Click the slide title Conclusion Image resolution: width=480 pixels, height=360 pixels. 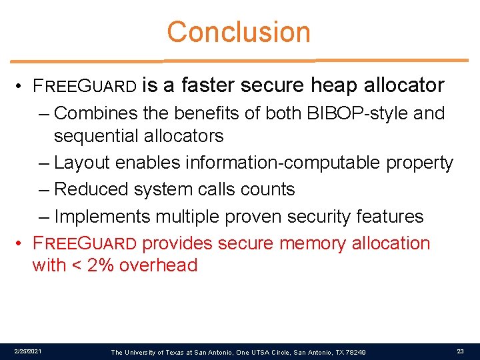point(239,32)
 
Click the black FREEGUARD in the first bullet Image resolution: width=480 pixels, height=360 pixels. point(85,86)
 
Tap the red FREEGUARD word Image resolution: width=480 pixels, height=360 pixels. point(85,244)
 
